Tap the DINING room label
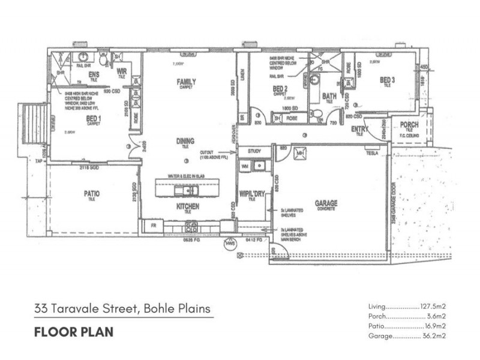pyautogui.click(x=185, y=141)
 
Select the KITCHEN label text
pyautogui.click(x=188, y=206)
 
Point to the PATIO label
pyautogui.click(x=91, y=194)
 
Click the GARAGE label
pyautogui.click(x=326, y=203)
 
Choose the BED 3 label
pyautogui.click(x=386, y=80)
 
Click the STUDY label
pyautogui.click(x=255, y=151)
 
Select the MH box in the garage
pyautogui.click(x=300, y=154)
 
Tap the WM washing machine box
pyautogui.click(x=245, y=164)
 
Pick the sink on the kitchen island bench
pyautogui.click(x=184, y=191)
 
